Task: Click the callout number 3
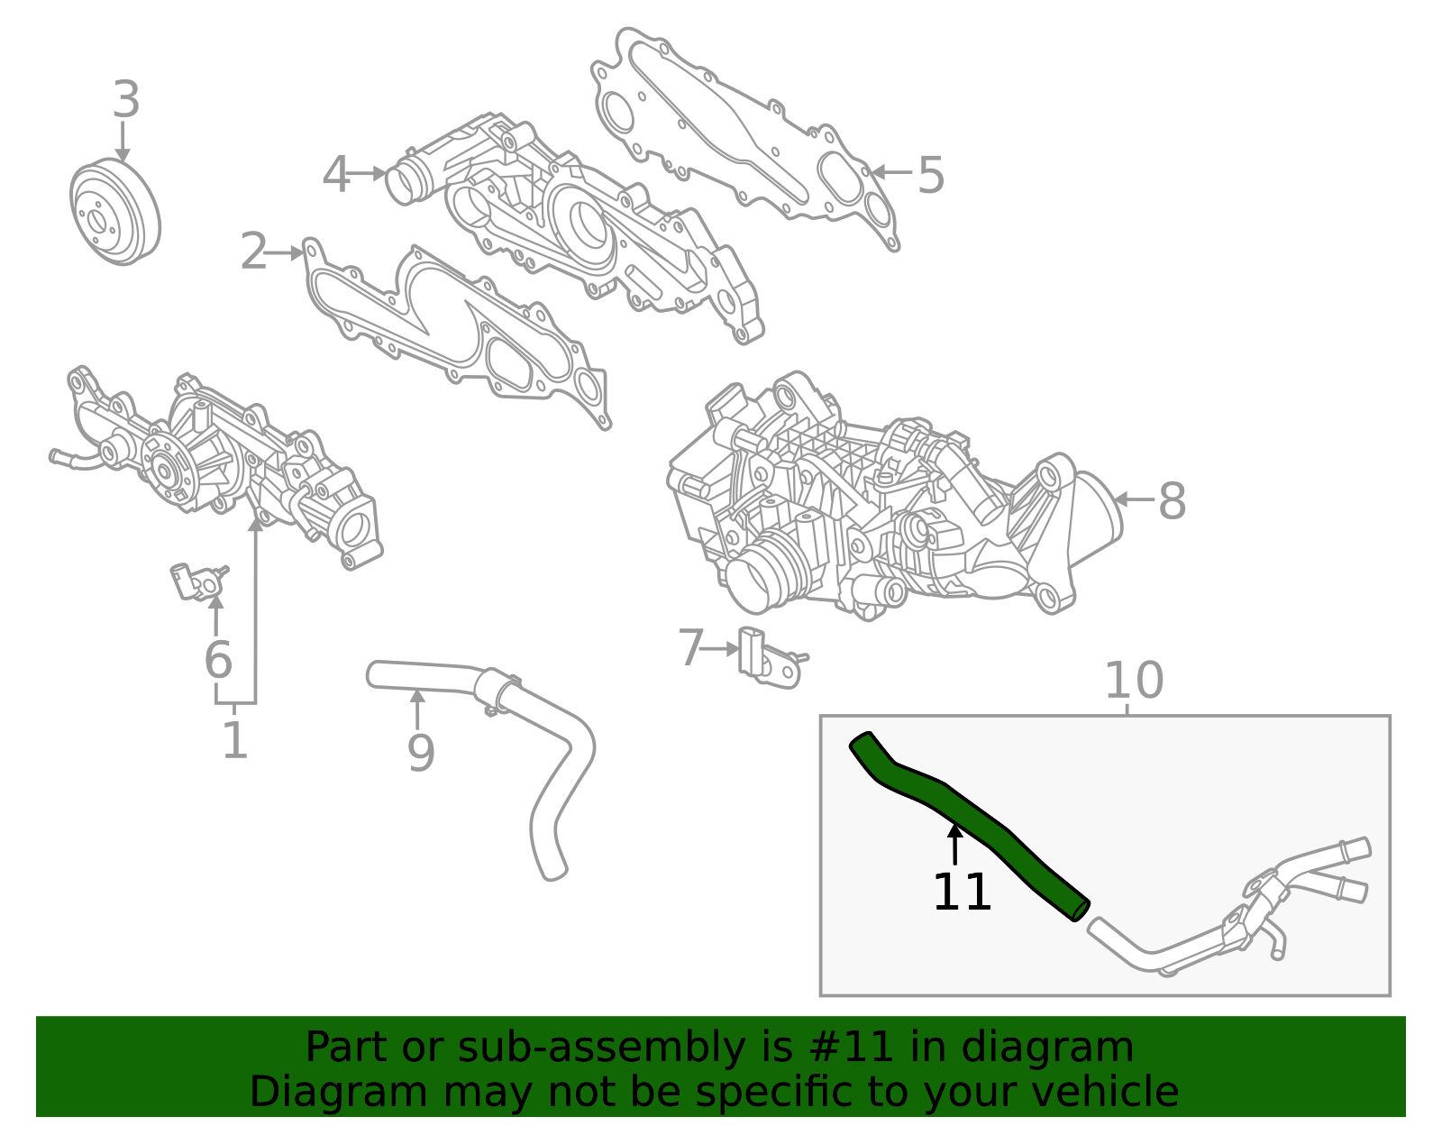[126, 100]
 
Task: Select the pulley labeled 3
[114, 213]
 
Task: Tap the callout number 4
[336, 175]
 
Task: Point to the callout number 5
[931, 175]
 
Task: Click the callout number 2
[254, 252]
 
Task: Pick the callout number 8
[1172, 501]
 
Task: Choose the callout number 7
[690, 648]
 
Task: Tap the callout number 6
[218, 660]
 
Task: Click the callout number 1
[235, 741]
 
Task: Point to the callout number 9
[421, 753]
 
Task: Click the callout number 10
[1134, 681]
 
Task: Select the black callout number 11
[962, 893]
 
